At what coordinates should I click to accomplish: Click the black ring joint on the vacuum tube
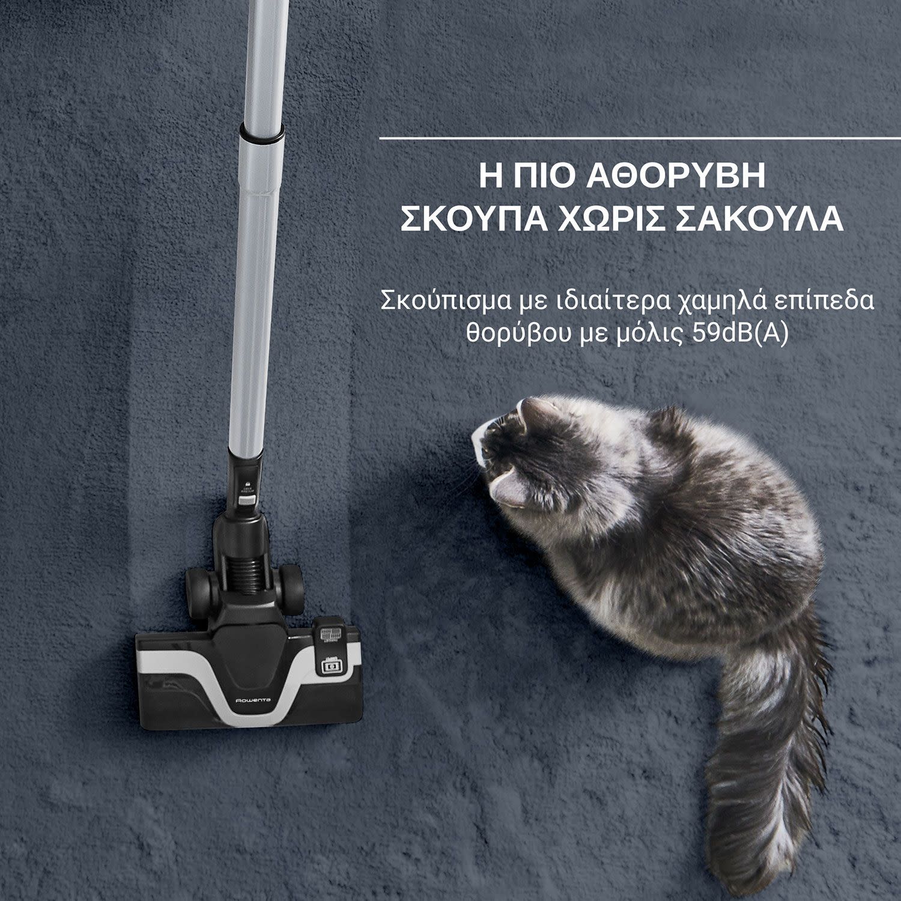pos(262,132)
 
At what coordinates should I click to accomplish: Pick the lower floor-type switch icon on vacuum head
pos(329,666)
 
